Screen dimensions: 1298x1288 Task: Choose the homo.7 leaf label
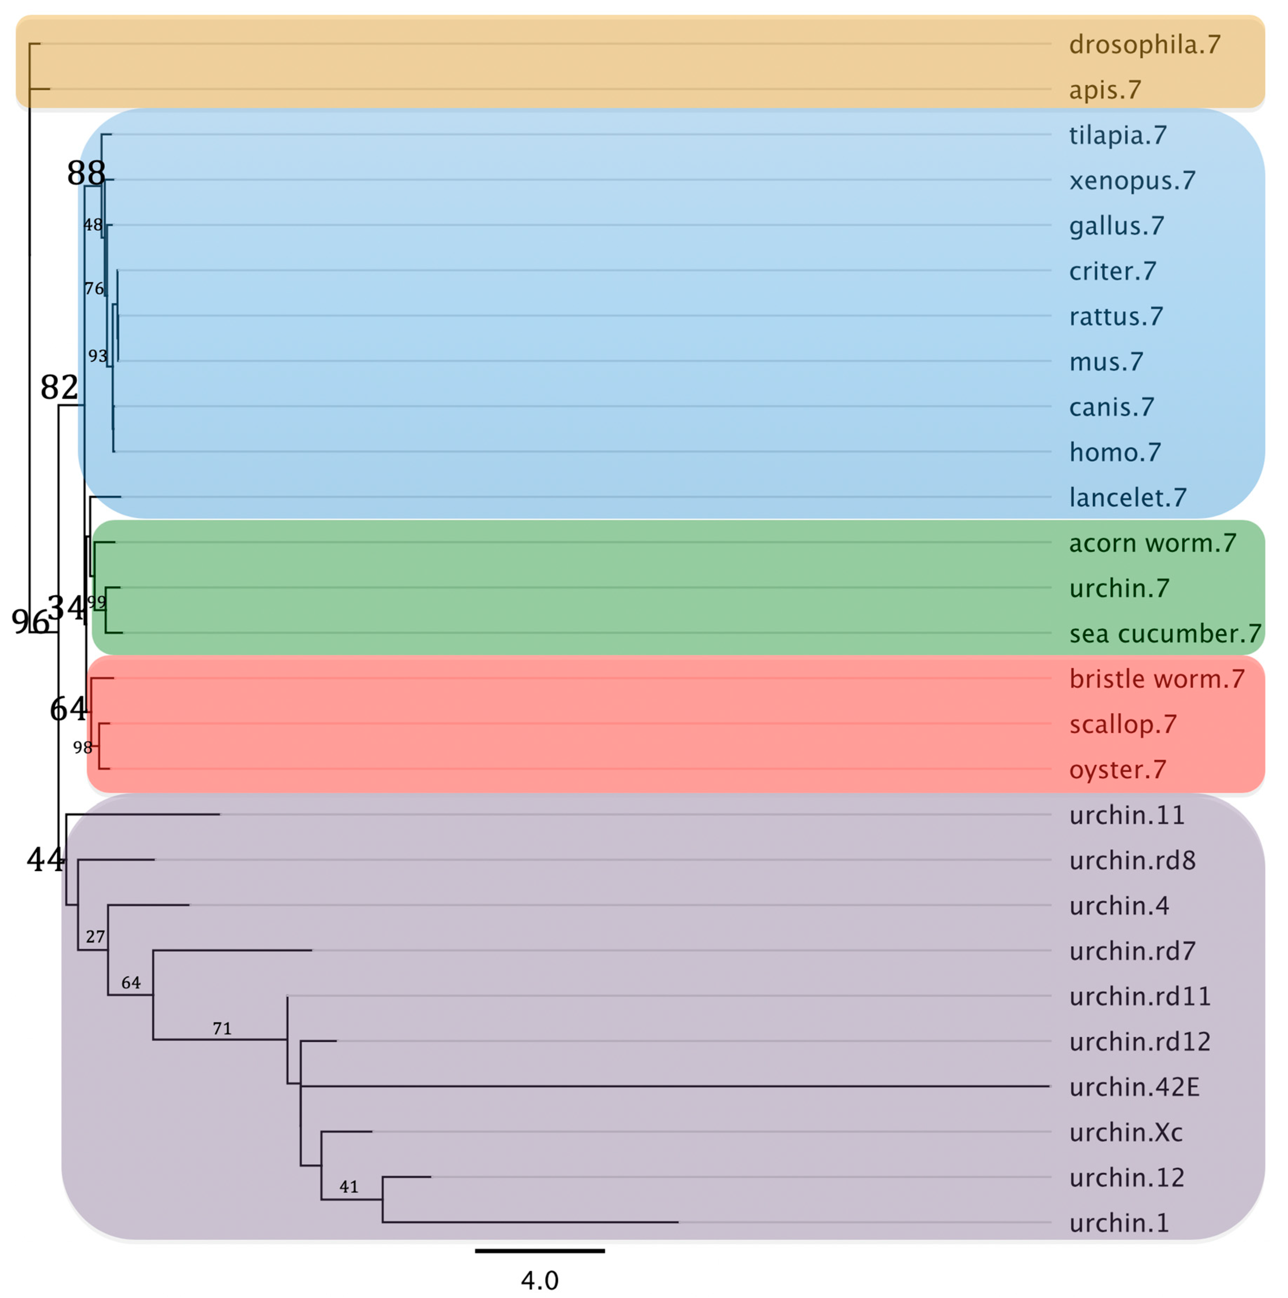coord(1115,452)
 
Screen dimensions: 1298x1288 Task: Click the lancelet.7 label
coord(1127,498)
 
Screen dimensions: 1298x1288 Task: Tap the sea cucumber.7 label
coord(1165,634)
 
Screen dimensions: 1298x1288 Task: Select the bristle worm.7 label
coord(1156,679)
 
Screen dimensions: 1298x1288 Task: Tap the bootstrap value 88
coord(86,173)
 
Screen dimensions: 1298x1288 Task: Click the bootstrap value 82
coord(59,387)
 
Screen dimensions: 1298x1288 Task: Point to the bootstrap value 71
coord(222,1028)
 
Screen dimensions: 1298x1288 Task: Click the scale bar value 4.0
coord(539,1280)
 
